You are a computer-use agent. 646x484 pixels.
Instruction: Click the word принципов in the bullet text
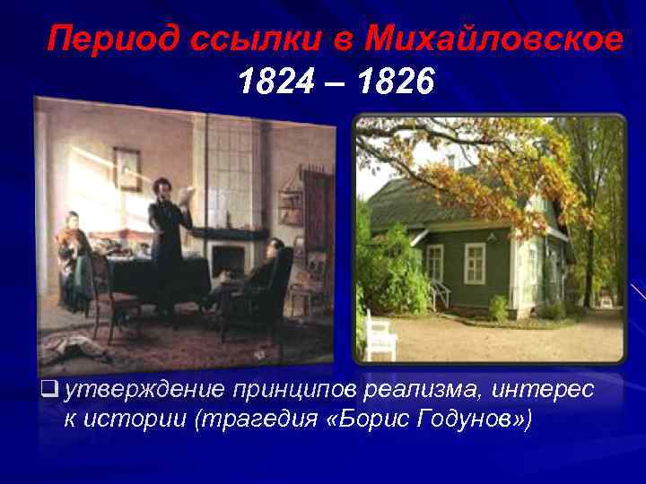pyautogui.click(x=296, y=390)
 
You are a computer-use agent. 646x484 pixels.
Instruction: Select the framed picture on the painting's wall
pyautogui.click(x=127, y=168)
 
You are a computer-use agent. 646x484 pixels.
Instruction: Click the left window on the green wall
pyautogui.click(x=435, y=263)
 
